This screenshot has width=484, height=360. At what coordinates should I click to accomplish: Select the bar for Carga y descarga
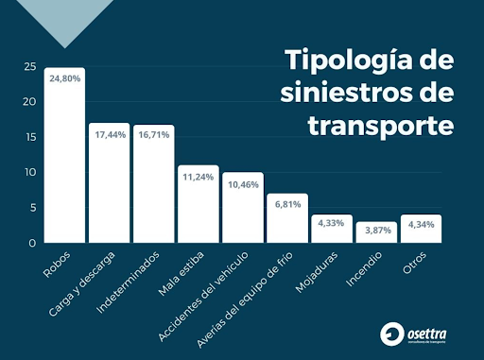109,189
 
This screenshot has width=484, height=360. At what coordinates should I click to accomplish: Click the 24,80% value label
65,78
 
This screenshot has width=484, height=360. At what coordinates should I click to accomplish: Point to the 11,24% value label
199,176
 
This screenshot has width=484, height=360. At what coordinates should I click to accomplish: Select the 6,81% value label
287,204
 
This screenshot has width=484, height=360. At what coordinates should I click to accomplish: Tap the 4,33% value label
332,223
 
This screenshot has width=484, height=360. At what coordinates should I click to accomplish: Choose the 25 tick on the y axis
30,67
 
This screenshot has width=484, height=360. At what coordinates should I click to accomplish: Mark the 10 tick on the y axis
30,172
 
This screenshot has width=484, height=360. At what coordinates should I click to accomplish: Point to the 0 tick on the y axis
33,243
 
